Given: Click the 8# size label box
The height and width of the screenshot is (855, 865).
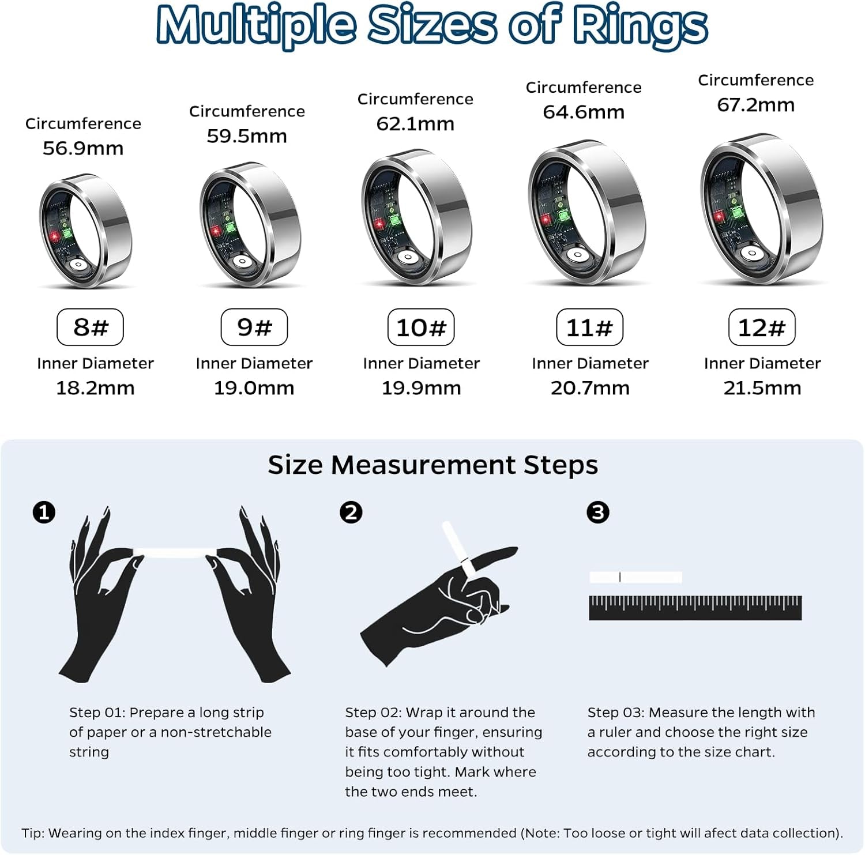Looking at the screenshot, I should pyautogui.click(x=90, y=327).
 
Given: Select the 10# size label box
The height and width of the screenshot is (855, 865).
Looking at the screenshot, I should pyautogui.click(x=421, y=327).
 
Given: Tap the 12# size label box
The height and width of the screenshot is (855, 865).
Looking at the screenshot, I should pyautogui.click(x=762, y=327).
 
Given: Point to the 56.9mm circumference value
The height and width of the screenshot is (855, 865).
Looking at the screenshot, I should pyautogui.click(x=83, y=148).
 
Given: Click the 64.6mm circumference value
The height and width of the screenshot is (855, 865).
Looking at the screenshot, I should pyautogui.click(x=584, y=112).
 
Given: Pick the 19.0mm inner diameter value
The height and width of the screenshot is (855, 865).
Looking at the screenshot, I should pyautogui.click(x=254, y=388).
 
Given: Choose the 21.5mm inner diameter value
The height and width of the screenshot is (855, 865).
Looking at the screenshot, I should pyautogui.click(x=762, y=388).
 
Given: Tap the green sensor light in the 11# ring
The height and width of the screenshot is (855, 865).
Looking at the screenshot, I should pyautogui.click(x=561, y=217).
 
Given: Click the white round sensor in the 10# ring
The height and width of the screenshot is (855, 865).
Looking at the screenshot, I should pyautogui.click(x=408, y=258).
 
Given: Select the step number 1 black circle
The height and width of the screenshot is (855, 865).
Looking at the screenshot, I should pyautogui.click(x=44, y=512).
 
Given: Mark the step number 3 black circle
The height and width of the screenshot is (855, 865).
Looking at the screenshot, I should pyautogui.click(x=597, y=512).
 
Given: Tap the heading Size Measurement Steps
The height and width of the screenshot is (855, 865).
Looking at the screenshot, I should pyautogui.click(x=432, y=465).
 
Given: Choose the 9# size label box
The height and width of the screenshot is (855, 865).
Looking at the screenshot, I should pyautogui.click(x=254, y=327).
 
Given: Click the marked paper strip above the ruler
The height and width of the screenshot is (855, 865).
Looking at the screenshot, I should pyautogui.click(x=635, y=577).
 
